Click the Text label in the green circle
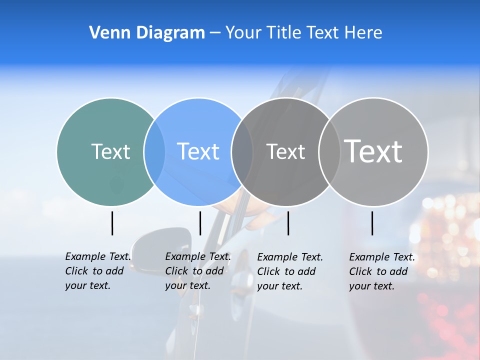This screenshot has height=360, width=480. (x=110, y=151)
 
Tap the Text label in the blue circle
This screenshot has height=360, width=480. (x=198, y=151)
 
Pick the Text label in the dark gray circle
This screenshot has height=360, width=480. (x=285, y=151)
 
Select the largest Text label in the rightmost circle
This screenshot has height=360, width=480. (x=373, y=151)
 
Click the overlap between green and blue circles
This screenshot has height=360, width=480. (x=154, y=151)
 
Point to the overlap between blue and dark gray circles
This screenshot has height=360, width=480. (x=242, y=151)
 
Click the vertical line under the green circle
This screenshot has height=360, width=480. (x=112, y=223)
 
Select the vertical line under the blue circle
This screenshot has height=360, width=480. (x=200, y=223)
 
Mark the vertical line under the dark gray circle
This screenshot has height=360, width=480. (x=288, y=223)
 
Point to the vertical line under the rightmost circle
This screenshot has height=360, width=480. (x=372, y=223)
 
